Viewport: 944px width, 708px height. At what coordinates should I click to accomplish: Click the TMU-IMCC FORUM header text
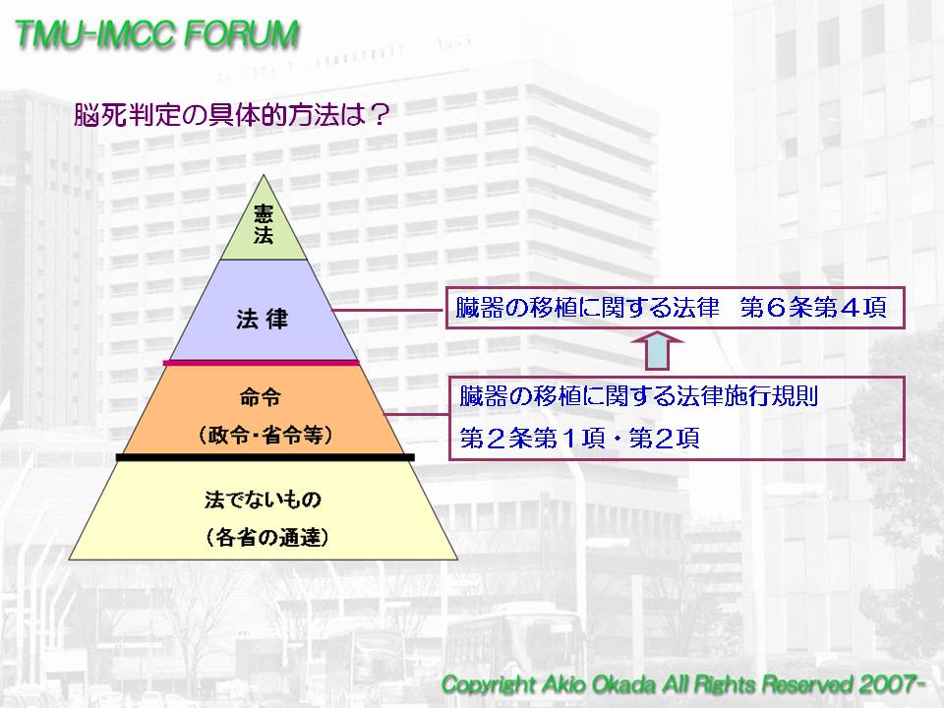pyautogui.click(x=156, y=33)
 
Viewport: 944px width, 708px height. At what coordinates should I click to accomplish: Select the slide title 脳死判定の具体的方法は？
pyautogui.click(x=232, y=114)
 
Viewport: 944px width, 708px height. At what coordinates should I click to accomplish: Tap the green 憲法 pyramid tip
pyautogui.click(x=264, y=224)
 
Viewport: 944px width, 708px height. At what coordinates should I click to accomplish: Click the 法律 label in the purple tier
pyautogui.click(x=263, y=319)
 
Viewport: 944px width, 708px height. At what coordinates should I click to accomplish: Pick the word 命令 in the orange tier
pyautogui.click(x=261, y=397)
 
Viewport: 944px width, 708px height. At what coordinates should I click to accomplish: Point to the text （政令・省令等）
pyautogui.click(x=265, y=435)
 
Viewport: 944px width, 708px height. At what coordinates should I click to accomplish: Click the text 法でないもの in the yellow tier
pyautogui.click(x=263, y=500)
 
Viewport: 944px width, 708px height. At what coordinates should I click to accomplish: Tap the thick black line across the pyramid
pyautogui.click(x=265, y=457)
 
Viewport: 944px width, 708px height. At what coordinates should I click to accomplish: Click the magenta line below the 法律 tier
pyautogui.click(x=262, y=363)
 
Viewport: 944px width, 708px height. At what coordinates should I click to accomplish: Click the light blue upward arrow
pyautogui.click(x=657, y=350)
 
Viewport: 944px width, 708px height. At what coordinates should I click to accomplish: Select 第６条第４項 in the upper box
pyautogui.click(x=813, y=308)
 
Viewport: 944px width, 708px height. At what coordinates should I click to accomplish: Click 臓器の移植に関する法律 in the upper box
pyautogui.click(x=588, y=308)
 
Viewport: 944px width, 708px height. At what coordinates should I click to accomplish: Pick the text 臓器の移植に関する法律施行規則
pyautogui.click(x=639, y=396)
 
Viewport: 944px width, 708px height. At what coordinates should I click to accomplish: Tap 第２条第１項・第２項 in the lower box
pyautogui.click(x=579, y=439)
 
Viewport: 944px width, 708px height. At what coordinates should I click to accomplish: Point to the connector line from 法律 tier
pyautogui.click(x=389, y=310)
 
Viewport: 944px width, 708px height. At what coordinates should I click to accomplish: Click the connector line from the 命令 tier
pyautogui.click(x=417, y=414)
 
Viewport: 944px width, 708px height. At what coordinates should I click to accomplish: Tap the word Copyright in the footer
pyautogui.click(x=488, y=685)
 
